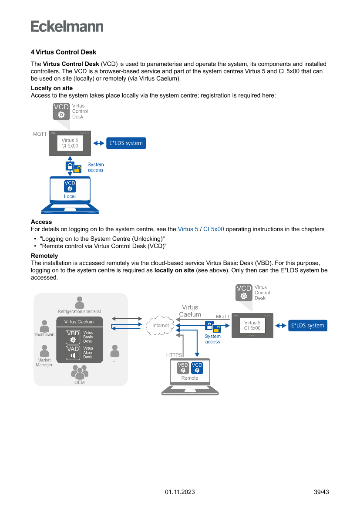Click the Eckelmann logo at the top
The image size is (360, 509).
pyautogui.click(x=67, y=26)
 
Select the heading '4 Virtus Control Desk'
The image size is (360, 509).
pyautogui.click(x=64, y=52)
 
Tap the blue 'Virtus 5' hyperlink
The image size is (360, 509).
pyautogui.click(x=188, y=229)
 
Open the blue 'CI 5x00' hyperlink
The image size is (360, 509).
pyautogui.click(x=214, y=229)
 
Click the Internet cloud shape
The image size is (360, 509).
pyautogui.click(x=161, y=326)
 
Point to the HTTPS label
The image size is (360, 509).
pyautogui.click(x=174, y=355)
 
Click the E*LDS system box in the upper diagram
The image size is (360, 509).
pyautogui.click(x=126, y=143)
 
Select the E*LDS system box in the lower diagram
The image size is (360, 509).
pyautogui.click(x=307, y=326)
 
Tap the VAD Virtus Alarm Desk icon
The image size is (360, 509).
pyautogui.click(x=73, y=353)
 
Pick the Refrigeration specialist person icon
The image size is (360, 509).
pyautogui.click(x=80, y=303)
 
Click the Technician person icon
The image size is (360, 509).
pyautogui.click(x=44, y=326)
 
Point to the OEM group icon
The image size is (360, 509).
pyautogui.click(x=79, y=372)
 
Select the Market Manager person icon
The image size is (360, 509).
pyautogui.click(x=44, y=351)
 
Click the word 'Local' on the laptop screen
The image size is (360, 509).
pyautogui.click(x=70, y=196)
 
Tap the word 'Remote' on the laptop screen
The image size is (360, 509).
pyautogui.click(x=190, y=378)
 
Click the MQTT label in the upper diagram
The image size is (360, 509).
pyautogui.click(x=40, y=134)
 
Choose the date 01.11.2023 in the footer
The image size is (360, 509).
pyautogui.click(x=180, y=492)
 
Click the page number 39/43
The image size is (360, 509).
pyautogui.click(x=321, y=492)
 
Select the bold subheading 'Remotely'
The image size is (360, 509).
pyautogui.click(x=44, y=256)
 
